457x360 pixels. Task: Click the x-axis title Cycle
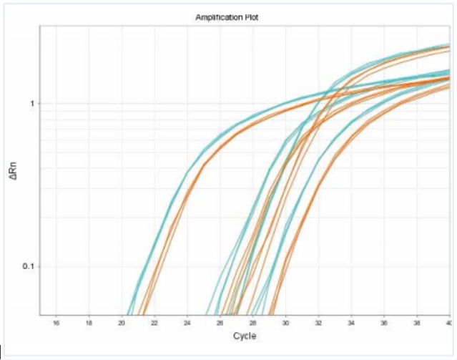click(x=244, y=336)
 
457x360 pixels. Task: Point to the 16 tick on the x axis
click(x=56, y=323)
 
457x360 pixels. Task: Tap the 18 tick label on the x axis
click(x=89, y=323)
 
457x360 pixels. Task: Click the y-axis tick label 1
click(x=32, y=104)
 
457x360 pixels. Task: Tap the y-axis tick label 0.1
click(x=29, y=266)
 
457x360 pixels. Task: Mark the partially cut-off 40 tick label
click(x=448, y=323)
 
